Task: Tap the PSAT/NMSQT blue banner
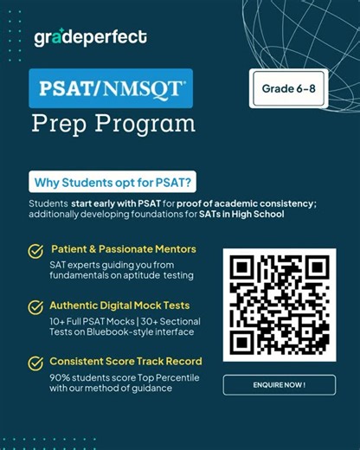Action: pyautogui.click(x=110, y=88)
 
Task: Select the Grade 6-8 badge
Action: pyautogui.click(x=288, y=88)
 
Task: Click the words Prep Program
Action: pyautogui.click(x=113, y=125)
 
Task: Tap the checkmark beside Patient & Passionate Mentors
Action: pyautogui.click(x=35, y=251)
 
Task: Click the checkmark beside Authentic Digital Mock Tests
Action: pyautogui.click(x=35, y=307)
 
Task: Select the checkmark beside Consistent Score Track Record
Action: pyautogui.click(x=35, y=363)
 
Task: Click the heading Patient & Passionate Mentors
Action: pyautogui.click(x=123, y=249)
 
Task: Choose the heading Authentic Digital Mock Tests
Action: pyautogui.click(x=120, y=305)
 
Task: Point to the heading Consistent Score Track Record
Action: pyautogui.click(x=126, y=361)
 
